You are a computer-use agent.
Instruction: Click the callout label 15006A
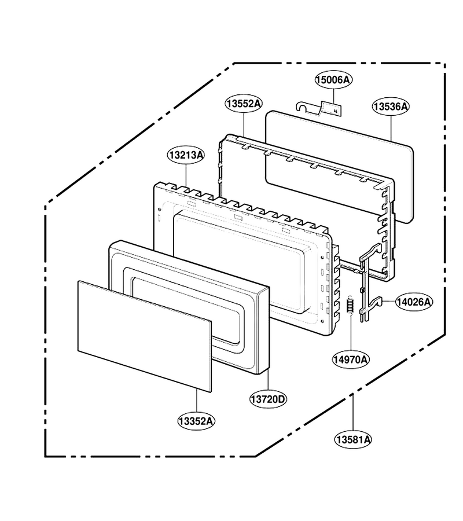pyautogui.click(x=333, y=80)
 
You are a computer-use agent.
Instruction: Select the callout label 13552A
pyautogui.click(x=244, y=104)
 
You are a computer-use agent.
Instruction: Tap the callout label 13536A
pyautogui.click(x=390, y=107)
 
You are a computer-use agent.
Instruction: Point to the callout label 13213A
pyautogui.click(x=186, y=155)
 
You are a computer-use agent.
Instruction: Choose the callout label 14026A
pyautogui.click(x=414, y=302)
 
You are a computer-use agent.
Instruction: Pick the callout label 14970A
pyautogui.click(x=351, y=359)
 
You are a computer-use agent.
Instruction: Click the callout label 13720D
pyautogui.click(x=268, y=399)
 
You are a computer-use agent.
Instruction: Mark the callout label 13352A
pyautogui.click(x=196, y=421)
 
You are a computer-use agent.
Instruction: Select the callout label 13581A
pyautogui.click(x=353, y=439)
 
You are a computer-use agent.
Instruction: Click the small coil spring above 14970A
pyautogui.click(x=350, y=304)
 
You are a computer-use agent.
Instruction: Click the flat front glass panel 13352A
pyautogui.click(x=145, y=336)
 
